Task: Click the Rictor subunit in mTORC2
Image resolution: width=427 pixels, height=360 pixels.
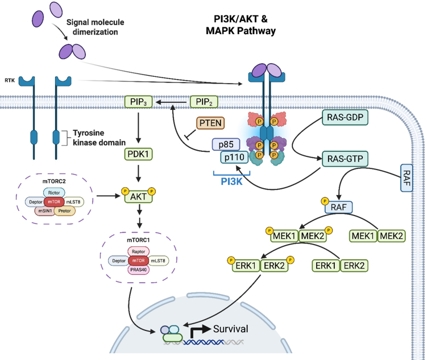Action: click(x=63, y=192)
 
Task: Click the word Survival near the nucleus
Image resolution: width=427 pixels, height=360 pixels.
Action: click(x=233, y=329)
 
